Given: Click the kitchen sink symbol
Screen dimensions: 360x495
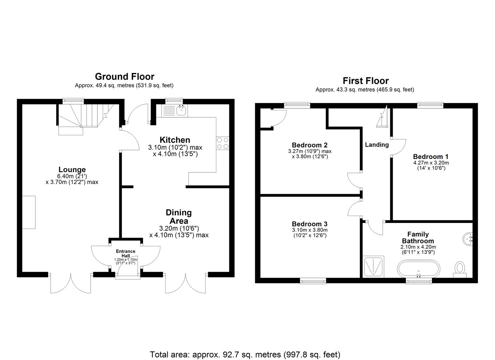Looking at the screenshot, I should [x=181, y=111].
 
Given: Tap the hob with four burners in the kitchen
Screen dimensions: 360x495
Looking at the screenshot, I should [x=223, y=143].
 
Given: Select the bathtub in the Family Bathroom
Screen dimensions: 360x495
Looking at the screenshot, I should [x=418, y=268].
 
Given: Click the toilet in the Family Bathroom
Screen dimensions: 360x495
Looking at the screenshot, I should [x=460, y=268].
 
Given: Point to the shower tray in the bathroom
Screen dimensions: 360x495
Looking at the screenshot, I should [x=373, y=266].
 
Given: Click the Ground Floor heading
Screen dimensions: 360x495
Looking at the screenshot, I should [x=124, y=77].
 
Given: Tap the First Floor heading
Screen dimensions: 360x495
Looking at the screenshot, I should [x=365, y=81].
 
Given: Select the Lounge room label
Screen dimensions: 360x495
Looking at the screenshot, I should [x=72, y=169].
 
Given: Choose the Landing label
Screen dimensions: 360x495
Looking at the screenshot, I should [x=377, y=145].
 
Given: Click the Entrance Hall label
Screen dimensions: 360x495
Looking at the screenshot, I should [x=125, y=253].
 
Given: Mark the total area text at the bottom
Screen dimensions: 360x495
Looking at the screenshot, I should [x=245, y=354].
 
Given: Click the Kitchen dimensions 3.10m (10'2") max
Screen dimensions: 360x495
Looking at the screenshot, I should [x=175, y=147].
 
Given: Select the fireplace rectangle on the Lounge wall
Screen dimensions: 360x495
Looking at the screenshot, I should [x=29, y=212].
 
